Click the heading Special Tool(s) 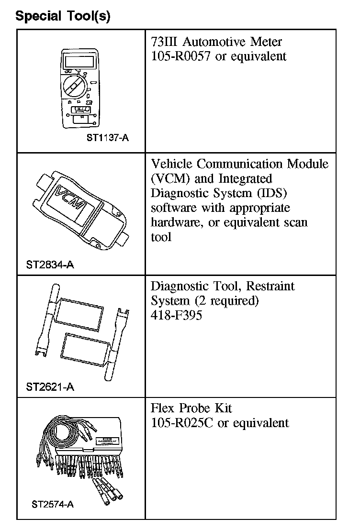pos(63,16)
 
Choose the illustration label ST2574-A pos(53,504)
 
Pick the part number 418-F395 pos(176,316)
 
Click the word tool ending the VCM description pos(161,237)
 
